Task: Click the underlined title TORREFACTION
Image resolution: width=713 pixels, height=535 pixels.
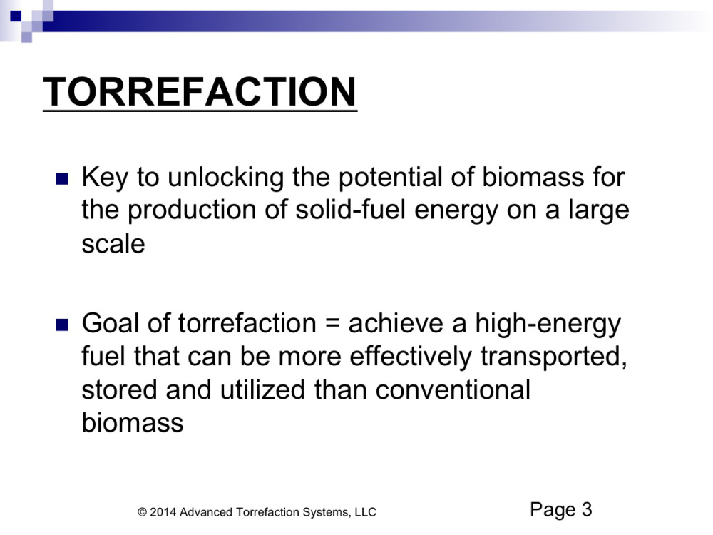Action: [x=200, y=92]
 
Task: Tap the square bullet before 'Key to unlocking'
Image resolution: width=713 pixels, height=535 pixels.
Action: [x=62, y=178]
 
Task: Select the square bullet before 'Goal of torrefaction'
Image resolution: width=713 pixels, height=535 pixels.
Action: [x=62, y=325]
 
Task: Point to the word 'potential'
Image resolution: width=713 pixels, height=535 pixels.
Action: [x=390, y=178]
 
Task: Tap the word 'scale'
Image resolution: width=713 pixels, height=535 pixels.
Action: [x=113, y=244]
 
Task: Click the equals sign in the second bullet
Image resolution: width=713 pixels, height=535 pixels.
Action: [x=333, y=324]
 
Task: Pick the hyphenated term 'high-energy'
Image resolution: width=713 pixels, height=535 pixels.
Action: [x=548, y=325]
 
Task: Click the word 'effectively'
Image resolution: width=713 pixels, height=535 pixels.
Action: [x=411, y=357]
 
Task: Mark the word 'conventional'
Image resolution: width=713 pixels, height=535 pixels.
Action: [x=453, y=390]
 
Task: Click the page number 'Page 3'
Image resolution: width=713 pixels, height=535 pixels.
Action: [x=561, y=510]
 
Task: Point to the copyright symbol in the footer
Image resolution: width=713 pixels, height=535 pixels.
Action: [x=142, y=513]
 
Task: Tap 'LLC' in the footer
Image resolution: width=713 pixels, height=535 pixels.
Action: [x=366, y=513]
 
